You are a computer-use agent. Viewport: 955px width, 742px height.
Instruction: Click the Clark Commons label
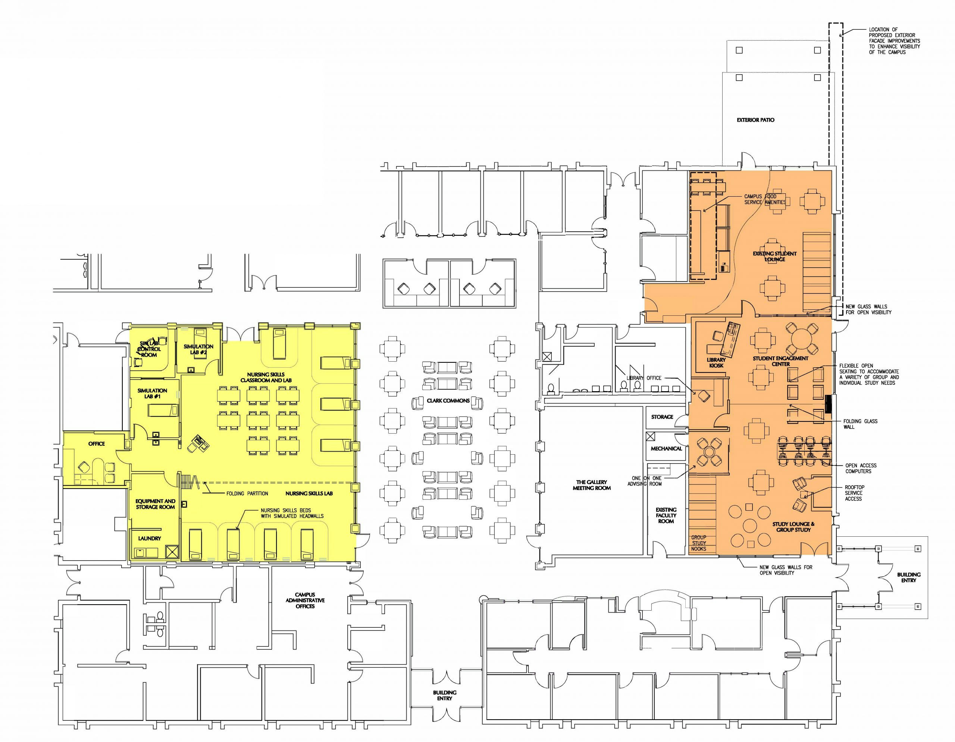[448, 401]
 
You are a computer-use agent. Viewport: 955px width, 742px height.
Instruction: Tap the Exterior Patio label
[755, 120]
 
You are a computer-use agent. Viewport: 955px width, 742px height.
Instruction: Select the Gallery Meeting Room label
[592, 485]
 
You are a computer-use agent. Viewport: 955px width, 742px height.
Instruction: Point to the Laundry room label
[150, 539]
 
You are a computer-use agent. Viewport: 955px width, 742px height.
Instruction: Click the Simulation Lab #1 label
[152, 393]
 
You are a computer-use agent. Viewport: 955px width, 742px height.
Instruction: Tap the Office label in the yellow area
[97, 444]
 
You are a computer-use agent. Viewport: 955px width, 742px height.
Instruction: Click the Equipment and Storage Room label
[155, 504]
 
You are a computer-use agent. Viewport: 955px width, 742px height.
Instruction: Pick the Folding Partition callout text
[247, 493]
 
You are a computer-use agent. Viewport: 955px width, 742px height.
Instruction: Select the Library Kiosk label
[716, 363]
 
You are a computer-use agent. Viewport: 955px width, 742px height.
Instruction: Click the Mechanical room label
[666, 448]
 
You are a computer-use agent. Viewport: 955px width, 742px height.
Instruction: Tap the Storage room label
[662, 417]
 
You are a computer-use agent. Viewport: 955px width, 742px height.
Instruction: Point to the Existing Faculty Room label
[666, 515]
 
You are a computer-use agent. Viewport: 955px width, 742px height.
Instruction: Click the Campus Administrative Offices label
[305, 601]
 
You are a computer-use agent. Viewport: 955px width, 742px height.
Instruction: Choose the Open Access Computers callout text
[861, 468]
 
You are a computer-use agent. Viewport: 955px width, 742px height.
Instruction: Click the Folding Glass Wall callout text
[860, 424]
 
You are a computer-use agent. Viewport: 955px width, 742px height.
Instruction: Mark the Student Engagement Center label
[780, 361]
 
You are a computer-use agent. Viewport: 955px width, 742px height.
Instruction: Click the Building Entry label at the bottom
[445, 695]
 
